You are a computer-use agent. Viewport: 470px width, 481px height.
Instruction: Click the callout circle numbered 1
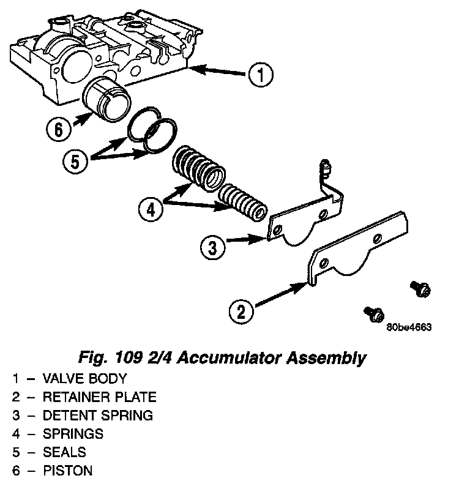coord(259,75)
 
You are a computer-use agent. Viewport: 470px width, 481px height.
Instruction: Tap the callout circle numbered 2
coord(241,311)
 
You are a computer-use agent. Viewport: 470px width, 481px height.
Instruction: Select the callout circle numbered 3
coord(212,248)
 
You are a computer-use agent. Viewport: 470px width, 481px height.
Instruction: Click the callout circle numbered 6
coord(58,129)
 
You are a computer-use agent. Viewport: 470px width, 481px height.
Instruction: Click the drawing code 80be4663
coord(409,327)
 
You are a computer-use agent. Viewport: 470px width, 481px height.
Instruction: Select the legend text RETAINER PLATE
coord(99,397)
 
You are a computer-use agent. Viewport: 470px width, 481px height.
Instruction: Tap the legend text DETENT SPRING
coord(97,416)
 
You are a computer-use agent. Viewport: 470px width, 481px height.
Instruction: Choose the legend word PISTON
coord(67,471)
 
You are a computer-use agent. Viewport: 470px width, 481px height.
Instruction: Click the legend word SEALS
coord(64,452)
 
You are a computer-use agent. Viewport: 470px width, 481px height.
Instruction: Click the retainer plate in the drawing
coord(360,245)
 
